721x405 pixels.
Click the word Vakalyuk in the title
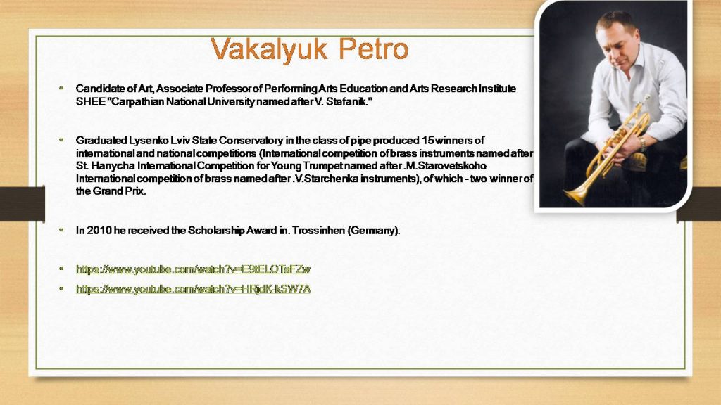[270, 50]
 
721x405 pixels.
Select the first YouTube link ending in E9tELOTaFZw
[193, 269]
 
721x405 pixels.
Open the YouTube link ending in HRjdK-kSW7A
[194, 289]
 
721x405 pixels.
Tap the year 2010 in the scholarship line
[99, 230]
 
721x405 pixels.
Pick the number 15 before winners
[427, 140]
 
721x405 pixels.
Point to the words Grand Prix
[119, 191]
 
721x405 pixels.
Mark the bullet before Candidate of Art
[61, 87]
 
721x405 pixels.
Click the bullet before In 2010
[61, 229]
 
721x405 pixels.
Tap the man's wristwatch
[643, 143]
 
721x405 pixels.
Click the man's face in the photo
[617, 46]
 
